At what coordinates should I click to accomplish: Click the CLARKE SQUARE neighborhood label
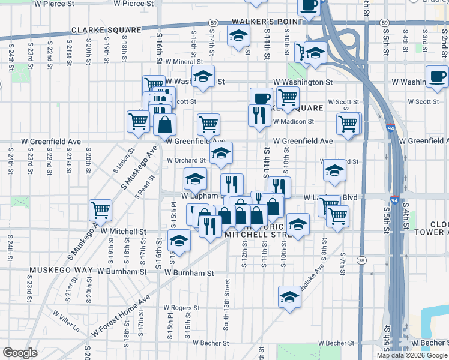click(x=106, y=29)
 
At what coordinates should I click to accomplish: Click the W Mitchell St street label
click(x=124, y=231)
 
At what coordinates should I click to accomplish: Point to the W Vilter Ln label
click(x=66, y=322)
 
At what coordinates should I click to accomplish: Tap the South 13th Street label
click(x=226, y=304)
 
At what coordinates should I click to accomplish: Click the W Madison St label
click(x=294, y=121)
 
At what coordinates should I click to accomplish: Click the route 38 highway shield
click(x=361, y=260)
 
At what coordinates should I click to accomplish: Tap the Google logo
click(x=20, y=353)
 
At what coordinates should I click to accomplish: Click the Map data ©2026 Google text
click(x=411, y=355)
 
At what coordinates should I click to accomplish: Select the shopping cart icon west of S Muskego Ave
click(x=100, y=210)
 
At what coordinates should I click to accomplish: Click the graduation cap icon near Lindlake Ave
click(x=289, y=297)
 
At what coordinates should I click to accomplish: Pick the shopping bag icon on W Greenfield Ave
click(x=164, y=125)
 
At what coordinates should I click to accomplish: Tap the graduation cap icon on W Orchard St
click(x=221, y=152)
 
